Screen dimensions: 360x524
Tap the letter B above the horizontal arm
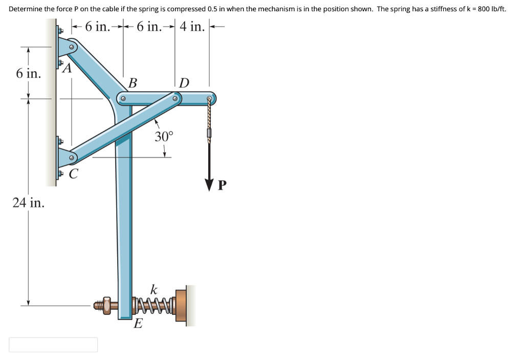click(133, 82)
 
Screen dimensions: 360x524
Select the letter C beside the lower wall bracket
click(73, 174)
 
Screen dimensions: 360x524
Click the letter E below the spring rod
click(138, 324)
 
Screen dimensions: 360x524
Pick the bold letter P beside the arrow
click(222, 185)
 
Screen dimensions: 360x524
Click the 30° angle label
click(164, 136)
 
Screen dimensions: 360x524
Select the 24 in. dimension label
click(29, 203)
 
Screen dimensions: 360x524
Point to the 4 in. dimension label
click(192, 27)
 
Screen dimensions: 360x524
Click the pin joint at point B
click(123, 98)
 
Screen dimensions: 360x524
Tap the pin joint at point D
click(175, 98)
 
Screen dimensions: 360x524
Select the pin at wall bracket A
click(72, 48)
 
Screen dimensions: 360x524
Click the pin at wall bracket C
click(72, 158)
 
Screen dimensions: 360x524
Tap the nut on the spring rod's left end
click(106, 305)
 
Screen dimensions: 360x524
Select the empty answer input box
click(53, 345)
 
